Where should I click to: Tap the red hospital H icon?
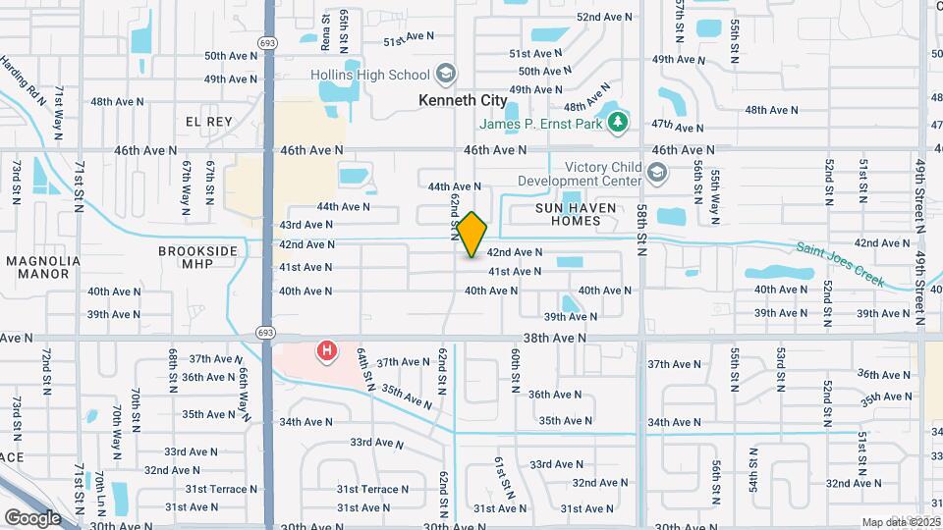point(326,349)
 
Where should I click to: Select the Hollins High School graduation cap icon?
point(446,75)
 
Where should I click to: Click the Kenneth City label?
point(463,100)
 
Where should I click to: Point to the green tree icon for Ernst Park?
point(617,122)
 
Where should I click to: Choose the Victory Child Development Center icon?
point(658,174)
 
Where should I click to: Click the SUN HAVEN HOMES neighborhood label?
point(569,214)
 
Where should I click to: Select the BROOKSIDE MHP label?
point(198,258)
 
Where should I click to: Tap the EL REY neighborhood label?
point(208,121)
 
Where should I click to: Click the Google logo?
point(31,517)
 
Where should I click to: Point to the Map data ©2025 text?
point(901,522)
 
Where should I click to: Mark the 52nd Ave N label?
point(604,17)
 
